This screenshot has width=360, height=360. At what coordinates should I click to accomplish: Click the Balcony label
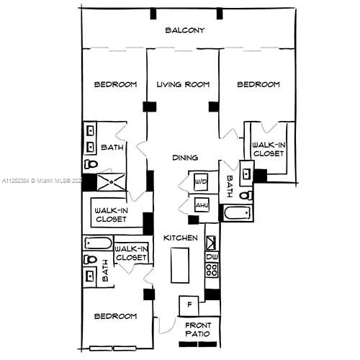pyautogui.click(x=185, y=30)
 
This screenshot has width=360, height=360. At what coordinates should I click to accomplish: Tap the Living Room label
pyautogui.click(x=183, y=85)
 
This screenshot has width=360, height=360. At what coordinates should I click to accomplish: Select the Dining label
pyautogui.click(x=185, y=158)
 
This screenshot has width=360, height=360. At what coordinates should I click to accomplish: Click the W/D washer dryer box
pyautogui.click(x=201, y=183)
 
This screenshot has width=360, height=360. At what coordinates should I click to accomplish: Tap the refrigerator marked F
pyautogui.click(x=189, y=304)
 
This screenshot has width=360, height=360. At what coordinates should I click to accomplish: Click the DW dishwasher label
pyautogui.click(x=212, y=256)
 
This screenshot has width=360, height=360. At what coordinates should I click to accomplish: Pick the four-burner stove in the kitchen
pyautogui.click(x=212, y=271)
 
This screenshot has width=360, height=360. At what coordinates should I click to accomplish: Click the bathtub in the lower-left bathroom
pyautogui.click(x=99, y=243)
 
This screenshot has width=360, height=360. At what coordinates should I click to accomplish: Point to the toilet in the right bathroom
pyautogui.click(x=246, y=195)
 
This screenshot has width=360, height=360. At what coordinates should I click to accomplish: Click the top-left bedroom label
pyautogui.click(x=115, y=85)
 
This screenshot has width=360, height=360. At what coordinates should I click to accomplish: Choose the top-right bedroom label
pyautogui.click(x=258, y=85)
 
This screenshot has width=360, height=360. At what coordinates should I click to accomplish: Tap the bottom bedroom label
pyautogui.click(x=115, y=316)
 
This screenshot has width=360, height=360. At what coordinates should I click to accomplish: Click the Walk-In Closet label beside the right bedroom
pyautogui.click(x=269, y=149)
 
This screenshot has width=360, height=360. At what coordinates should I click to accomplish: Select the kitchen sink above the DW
pyautogui.click(x=212, y=240)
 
